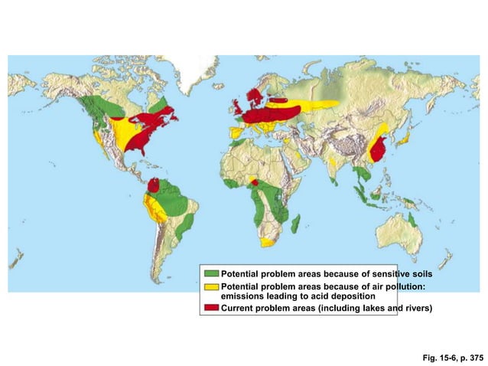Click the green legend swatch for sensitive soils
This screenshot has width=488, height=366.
coord(211,273)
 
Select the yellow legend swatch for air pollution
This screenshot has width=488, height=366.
coord(211,286)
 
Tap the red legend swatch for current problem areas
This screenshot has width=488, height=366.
coord(211,308)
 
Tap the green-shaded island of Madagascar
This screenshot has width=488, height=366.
coord(295,224)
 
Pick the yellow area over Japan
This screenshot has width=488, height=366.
coord(407,138)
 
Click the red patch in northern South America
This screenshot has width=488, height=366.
coord(153,185)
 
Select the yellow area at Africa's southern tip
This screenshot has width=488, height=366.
coord(267,242)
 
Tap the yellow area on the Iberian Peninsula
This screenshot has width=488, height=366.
coord(235,132)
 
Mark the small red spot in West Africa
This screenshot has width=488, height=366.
coord(254,182)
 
